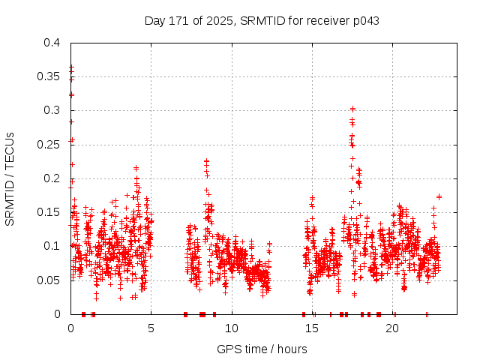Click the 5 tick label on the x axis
(x=151, y=328)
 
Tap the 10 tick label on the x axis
(x=232, y=328)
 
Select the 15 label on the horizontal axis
(x=312, y=328)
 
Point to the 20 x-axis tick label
(x=393, y=328)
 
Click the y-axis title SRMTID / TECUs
(x=10, y=178)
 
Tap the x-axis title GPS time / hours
(x=262, y=349)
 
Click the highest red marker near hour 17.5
(x=352, y=109)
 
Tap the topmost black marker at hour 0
(x=71, y=67)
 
